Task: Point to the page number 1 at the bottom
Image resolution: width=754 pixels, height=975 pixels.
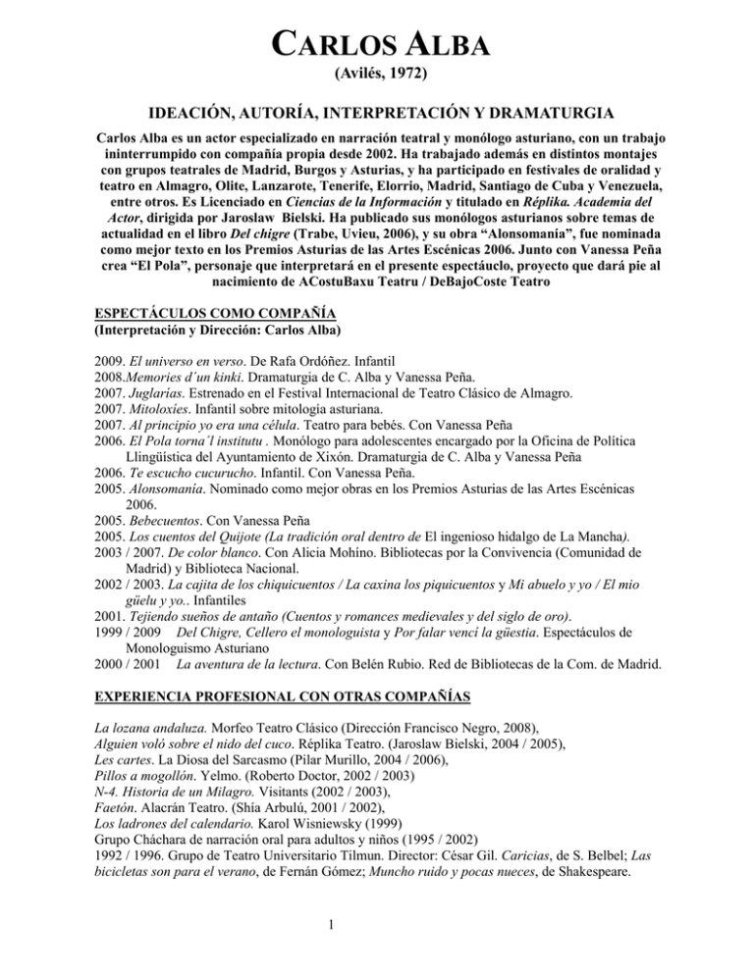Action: point(376,935)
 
